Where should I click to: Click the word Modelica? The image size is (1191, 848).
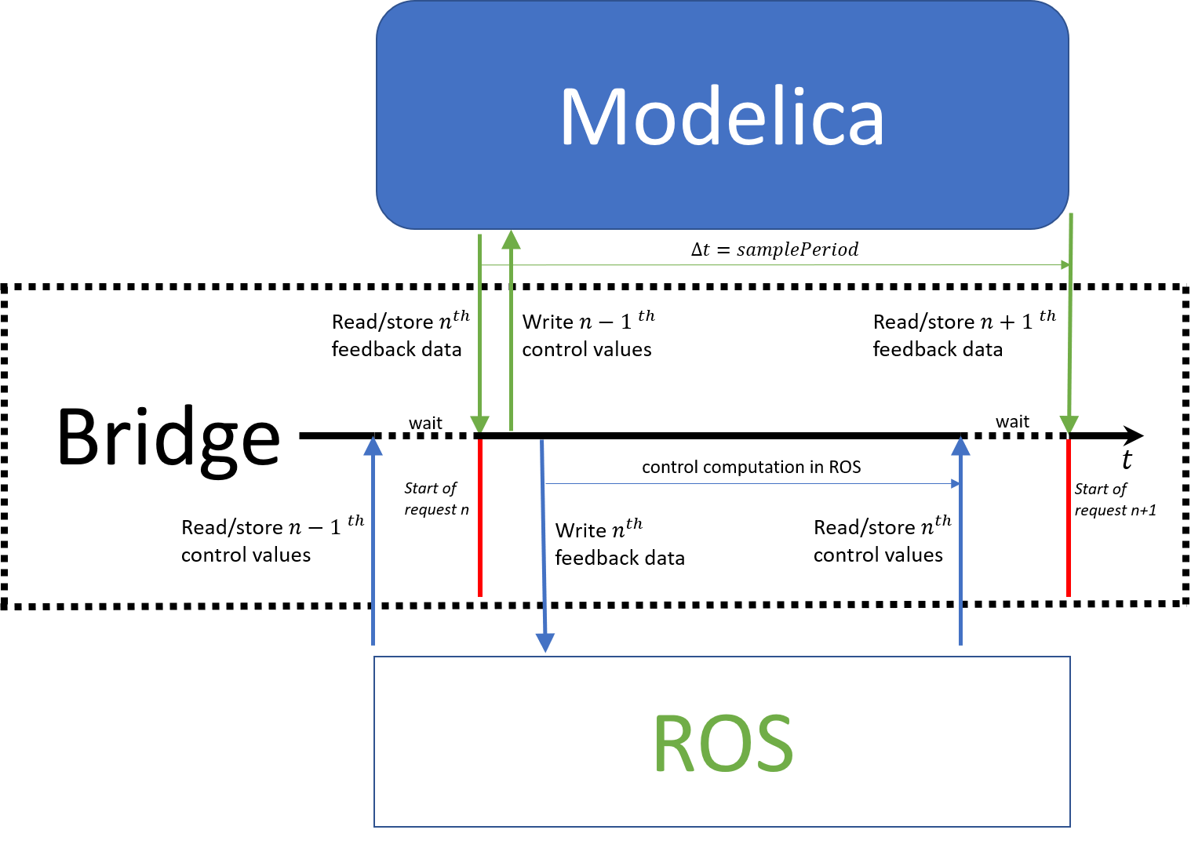coord(722,118)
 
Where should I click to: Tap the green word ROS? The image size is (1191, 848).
coord(723,743)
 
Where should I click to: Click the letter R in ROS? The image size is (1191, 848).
coord(672,743)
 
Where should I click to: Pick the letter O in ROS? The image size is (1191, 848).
coord(723,744)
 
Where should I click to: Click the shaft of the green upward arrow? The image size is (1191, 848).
coord(511,337)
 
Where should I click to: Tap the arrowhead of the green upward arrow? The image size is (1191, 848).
coord(511,239)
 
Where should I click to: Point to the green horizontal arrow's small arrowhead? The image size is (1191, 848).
coord(1065,265)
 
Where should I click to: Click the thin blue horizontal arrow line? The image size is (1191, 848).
coord(745,484)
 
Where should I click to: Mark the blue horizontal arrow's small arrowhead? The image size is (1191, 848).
coord(956,484)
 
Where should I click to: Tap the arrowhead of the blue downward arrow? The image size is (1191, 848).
coord(545,643)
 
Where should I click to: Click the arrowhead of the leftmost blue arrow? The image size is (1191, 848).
coord(373,446)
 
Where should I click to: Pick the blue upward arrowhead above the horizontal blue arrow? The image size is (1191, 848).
coord(960,446)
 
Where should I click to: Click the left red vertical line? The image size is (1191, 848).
coord(480,518)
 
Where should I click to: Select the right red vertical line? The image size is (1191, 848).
coord(1069,518)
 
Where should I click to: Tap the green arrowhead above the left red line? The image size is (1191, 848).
coord(479,424)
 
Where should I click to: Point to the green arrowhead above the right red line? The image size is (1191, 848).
coord(1069,424)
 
